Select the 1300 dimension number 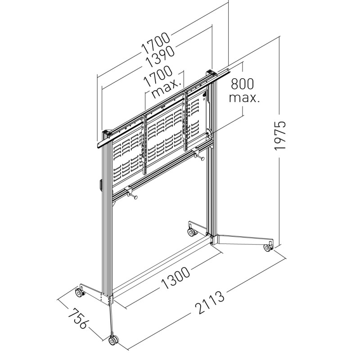tap(175, 278)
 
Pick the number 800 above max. tap(242, 84)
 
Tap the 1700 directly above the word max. tap(158, 77)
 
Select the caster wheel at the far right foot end tap(268, 247)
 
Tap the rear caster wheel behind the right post tap(192, 232)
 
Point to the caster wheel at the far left tap(79, 293)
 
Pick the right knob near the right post tap(199, 156)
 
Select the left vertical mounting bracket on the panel tap(144, 144)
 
